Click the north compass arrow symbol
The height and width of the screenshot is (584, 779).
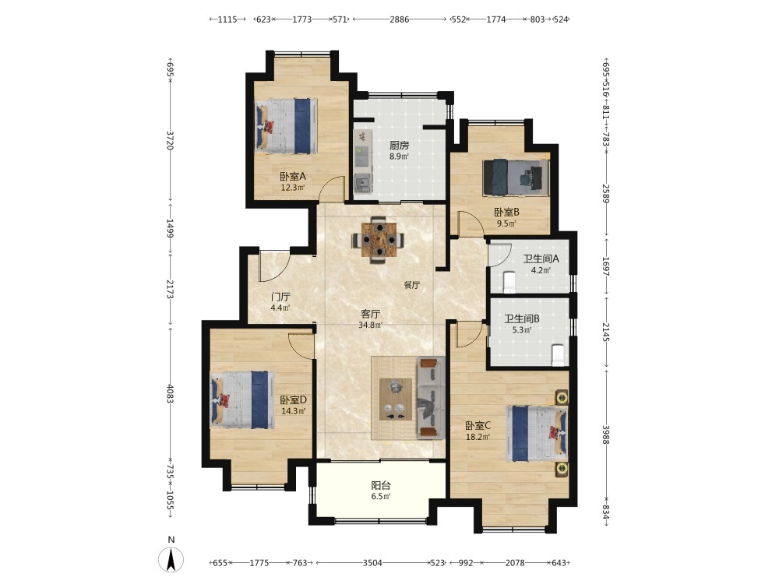click(171, 559)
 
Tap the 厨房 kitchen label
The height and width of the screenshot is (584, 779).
click(399, 146)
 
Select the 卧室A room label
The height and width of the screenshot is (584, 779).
click(293, 176)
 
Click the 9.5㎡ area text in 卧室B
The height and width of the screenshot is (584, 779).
click(507, 223)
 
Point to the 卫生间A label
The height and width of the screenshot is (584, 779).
click(541, 259)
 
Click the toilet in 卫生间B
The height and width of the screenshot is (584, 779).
click(559, 354)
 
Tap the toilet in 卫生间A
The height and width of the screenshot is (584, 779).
click(509, 281)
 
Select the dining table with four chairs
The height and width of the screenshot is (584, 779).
click(378, 239)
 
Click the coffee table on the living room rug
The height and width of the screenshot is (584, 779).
click(396, 399)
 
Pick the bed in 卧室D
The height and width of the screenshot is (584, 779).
click(242, 399)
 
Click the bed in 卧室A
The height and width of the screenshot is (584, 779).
click(286, 126)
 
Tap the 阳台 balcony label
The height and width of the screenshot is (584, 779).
click(381, 486)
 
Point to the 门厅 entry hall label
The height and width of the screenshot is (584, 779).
click(280, 297)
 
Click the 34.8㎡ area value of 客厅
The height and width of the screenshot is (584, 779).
click(371, 325)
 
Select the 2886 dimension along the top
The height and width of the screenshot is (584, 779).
click(400, 19)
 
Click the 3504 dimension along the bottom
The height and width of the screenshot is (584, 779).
click(372, 563)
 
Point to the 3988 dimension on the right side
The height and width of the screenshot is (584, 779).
click(605, 434)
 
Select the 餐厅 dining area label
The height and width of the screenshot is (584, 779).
click(411, 285)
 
